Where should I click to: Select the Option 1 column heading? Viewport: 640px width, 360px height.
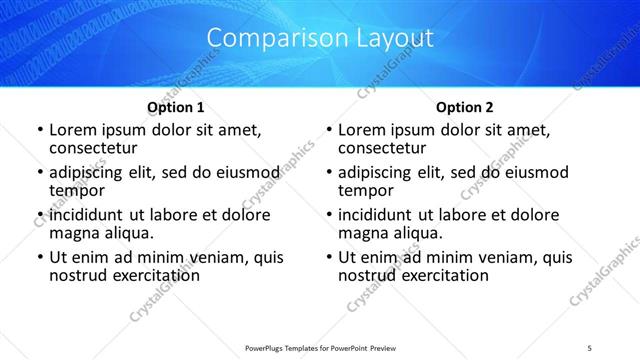coord(176,107)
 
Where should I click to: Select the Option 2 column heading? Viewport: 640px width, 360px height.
coord(465,107)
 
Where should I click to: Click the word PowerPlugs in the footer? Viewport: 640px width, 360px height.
coord(269,347)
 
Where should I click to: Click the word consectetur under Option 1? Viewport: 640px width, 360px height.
coord(94,148)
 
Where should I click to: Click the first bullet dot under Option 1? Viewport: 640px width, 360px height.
coord(40,131)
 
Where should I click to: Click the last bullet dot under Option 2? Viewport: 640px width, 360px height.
coord(329,258)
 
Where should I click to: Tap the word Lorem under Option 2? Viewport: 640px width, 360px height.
coord(364,130)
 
